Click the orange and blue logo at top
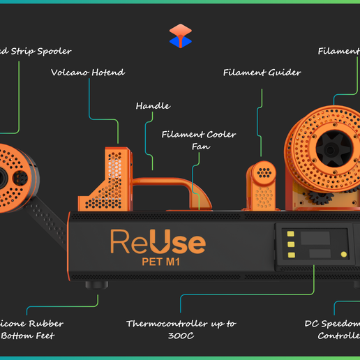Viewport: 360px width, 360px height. coord(180,36)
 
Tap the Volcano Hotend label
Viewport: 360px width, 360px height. coord(88,72)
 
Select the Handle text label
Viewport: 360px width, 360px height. coord(153,106)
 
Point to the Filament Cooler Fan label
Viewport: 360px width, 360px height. coord(199,140)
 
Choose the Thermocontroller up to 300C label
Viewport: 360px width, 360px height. coord(181,329)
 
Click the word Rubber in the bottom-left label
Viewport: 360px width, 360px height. coord(50,324)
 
